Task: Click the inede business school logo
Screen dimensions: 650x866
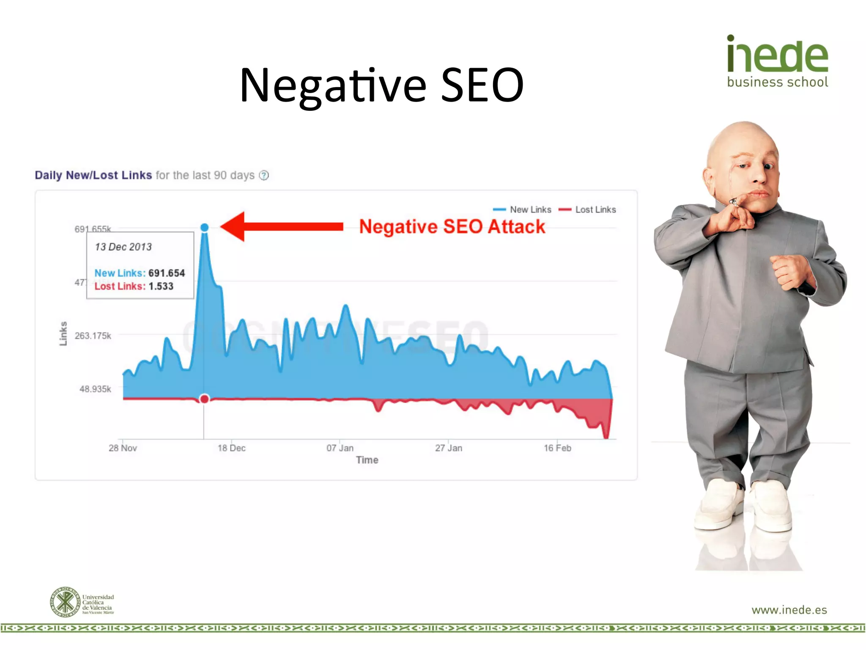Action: (x=777, y=61)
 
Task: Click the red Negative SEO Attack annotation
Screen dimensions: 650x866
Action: (x=452, y=227)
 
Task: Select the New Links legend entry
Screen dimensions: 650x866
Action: (x=523, y=209)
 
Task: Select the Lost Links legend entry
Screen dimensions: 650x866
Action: (x=588, y=209)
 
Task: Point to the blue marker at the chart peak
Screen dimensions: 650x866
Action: (x=204, y=228)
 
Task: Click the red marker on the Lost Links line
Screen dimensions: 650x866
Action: (x=204, y=399)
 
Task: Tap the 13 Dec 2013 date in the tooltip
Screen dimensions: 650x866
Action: (x=123, y=247)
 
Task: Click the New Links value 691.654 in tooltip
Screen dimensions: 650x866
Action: (x=167, y=273)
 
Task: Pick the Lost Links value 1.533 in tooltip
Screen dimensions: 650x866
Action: (x=161, y=286)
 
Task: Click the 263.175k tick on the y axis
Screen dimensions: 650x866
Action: (x=93, y=336)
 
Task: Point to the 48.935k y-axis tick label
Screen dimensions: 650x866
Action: (x=95, y=389)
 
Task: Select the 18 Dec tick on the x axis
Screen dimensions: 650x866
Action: (x=231, y=448)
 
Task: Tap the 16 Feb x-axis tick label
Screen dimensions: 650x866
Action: (x=557, y=448)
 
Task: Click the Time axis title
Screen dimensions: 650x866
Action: (x=367, y=460)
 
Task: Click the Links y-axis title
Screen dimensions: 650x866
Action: (x=63, y=333)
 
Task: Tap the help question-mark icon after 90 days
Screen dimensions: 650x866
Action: (x=264, y=175)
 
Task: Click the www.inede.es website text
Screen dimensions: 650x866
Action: (x=789, y=610)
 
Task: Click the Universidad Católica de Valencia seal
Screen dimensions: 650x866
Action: (x=65, y=602)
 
